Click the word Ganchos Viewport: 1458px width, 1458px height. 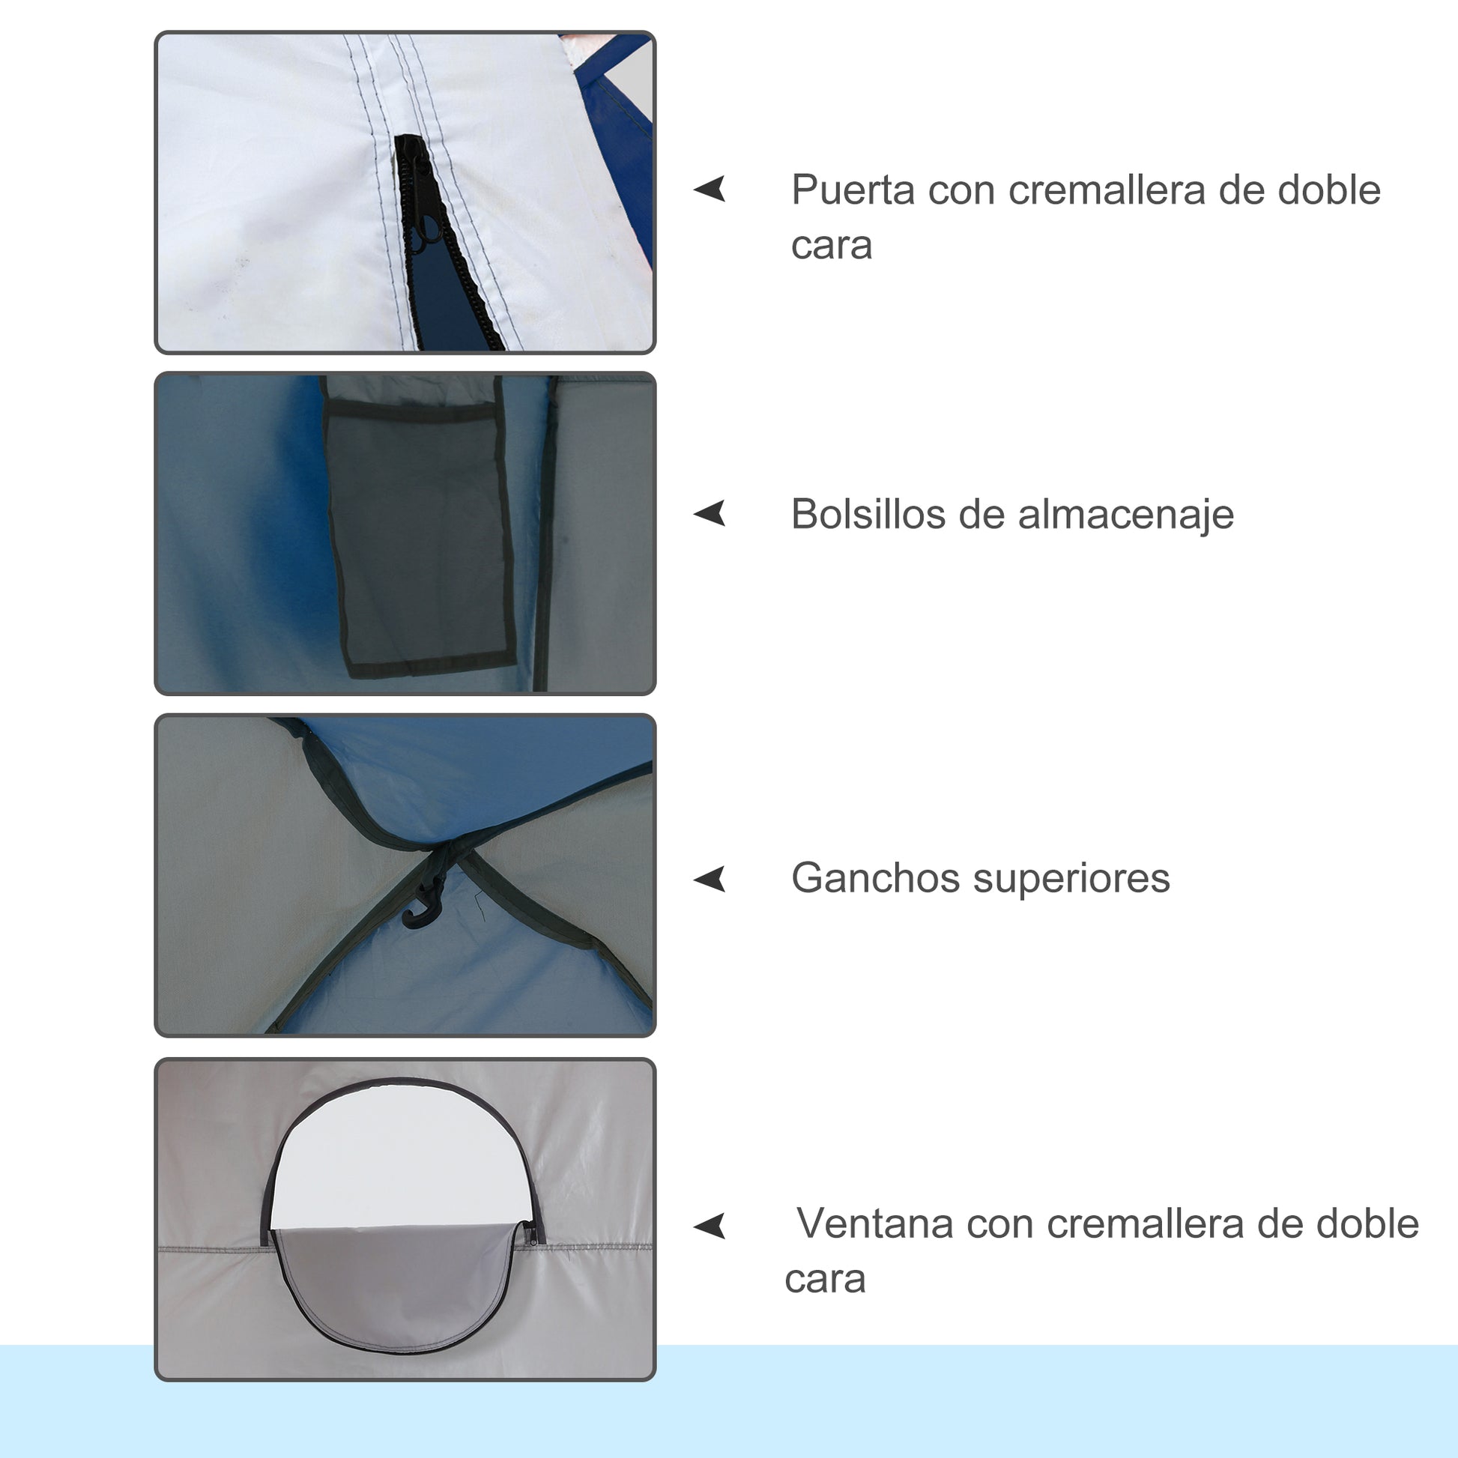874,877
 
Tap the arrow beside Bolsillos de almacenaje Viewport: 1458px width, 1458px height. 710,513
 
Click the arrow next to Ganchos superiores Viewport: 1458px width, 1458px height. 710,878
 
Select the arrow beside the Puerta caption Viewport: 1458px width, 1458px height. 710,189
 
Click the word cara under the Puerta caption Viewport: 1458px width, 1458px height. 832,246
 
